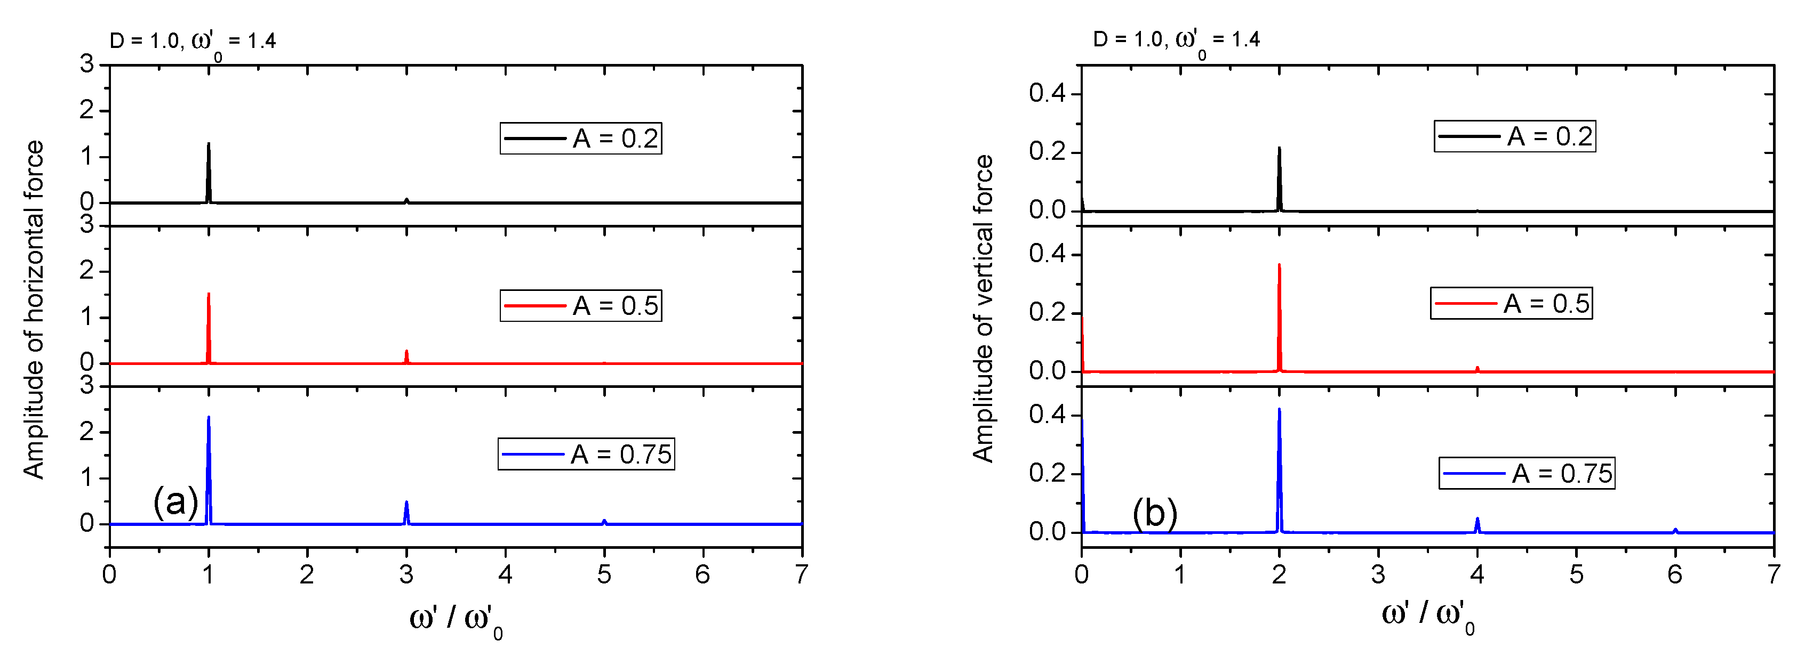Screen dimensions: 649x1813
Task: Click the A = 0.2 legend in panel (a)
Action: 581,138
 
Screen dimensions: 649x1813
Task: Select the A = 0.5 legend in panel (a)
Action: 581,305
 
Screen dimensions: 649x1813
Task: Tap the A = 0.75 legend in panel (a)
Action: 586,453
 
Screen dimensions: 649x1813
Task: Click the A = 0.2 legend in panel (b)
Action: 1515,136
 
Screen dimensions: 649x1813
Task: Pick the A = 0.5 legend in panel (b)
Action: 1511,303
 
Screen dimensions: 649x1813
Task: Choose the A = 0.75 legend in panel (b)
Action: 1527,473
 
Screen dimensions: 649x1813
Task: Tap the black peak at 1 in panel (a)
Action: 209,169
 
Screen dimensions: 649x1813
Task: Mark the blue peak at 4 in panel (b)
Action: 1477,524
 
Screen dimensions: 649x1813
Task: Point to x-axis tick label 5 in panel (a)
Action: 604,575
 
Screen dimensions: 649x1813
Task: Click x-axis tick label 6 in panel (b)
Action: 1675,575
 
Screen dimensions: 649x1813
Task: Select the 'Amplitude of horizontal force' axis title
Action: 34,310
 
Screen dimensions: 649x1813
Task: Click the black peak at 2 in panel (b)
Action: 1279,176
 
